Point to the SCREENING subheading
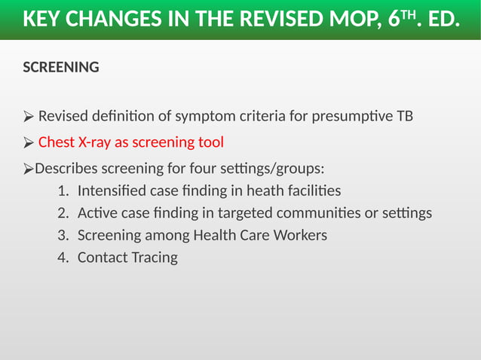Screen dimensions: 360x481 (61, 67)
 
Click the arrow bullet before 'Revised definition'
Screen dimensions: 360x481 (29, 117)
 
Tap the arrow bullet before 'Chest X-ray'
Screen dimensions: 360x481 (29, 142)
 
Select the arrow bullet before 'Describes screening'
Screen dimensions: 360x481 (29, 167)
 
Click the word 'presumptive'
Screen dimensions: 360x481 (354, 117)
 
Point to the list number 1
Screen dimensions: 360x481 (63, 191)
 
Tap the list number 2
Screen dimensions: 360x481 (63, 213)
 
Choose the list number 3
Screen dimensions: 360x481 (63, 235)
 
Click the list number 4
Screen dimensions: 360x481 (63, 258)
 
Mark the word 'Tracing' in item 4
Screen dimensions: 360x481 (155, 258)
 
